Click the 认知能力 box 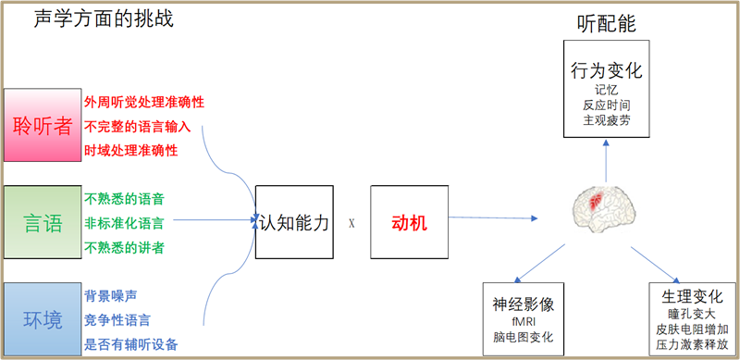(x=293, y=222)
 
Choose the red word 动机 (x=409, y=222)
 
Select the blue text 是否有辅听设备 (x=130, y=344)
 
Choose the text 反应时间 (x=606, y=105)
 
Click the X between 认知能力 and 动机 (x=351, y=223)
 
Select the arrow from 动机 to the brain (x=491, y=218)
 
